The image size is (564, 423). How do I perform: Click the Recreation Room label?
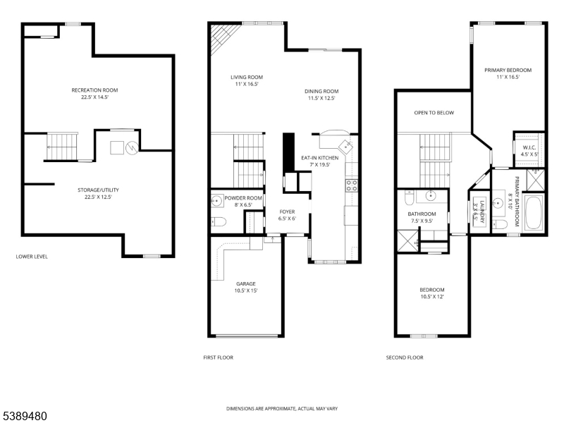point(94,90)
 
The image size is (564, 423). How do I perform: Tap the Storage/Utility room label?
point(94,189)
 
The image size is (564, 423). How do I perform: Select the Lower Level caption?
point(32,257)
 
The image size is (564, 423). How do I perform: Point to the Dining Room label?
point(321,91)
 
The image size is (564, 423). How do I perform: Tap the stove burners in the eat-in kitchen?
point(350,186)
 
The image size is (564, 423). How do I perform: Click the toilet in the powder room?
point(218,223)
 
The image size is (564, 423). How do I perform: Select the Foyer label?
point(287,211)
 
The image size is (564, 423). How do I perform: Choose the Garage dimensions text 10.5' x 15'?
point(245,290)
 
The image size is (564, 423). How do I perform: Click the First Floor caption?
point(218,357)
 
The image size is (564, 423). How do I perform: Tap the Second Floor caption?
point(405,357)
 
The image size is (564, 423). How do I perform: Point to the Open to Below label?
point(434,113)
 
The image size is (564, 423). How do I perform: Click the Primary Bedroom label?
point(508,70)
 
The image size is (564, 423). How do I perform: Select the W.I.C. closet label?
point(529,147)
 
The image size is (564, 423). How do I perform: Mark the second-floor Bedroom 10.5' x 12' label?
point(433,290)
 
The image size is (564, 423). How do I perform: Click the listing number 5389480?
point(25,417)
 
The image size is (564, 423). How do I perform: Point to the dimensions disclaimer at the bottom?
point(281,409)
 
